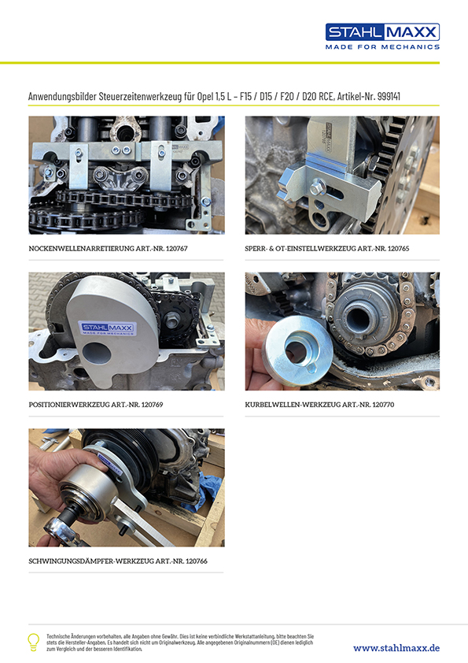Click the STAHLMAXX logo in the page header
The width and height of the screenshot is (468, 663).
click(x=382, y=31)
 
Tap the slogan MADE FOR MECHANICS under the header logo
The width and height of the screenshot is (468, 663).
click(x=382, y=47)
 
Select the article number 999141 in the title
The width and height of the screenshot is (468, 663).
click(x=389, y=96)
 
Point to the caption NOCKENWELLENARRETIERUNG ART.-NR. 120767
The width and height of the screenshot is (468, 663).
click(x=108, y=249)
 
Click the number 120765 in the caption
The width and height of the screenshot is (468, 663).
click(x=398, y=249)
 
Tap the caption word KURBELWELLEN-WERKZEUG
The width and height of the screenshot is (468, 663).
click(x=293, y=405)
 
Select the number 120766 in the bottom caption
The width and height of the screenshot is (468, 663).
click(x=197, y=561)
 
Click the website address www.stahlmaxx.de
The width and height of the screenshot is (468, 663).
click(x=396, y=648)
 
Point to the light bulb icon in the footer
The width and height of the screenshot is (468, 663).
click(x=33, y=642)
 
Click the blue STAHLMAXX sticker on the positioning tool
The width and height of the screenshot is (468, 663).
click(x=108, y=328)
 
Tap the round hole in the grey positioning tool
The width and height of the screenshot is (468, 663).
click(x=96, y=354)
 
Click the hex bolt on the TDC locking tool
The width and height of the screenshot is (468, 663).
click(x=318, y=188)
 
